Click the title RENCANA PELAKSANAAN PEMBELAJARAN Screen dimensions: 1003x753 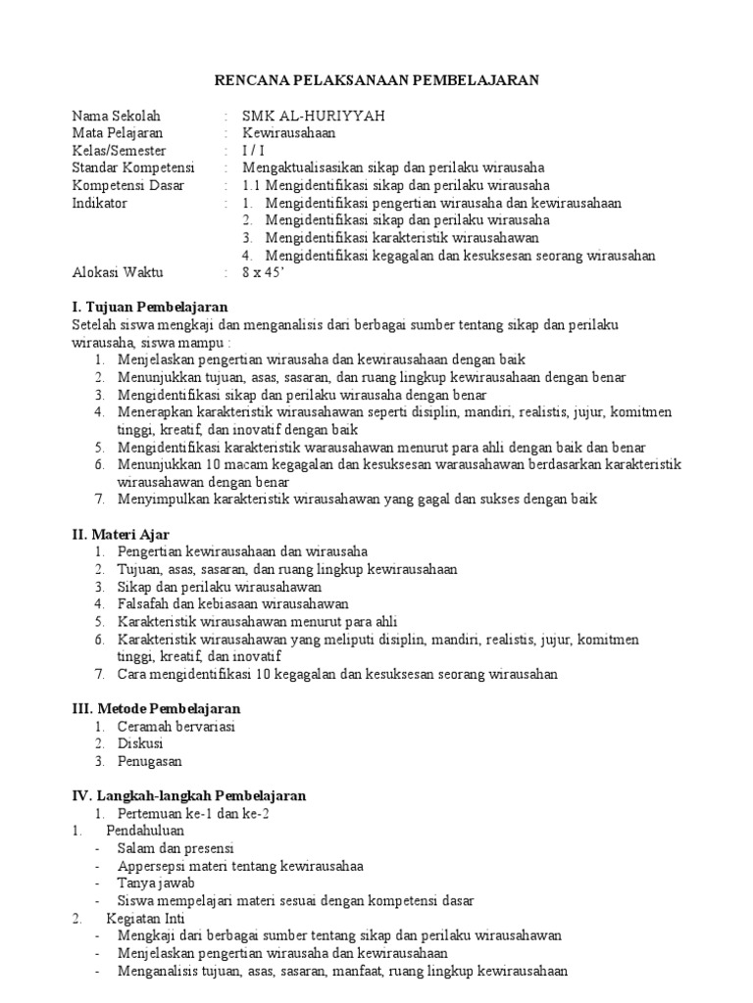coord(376,80)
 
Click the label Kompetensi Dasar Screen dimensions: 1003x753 coord(122,185)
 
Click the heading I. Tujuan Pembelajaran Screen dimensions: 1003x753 coord(150,308)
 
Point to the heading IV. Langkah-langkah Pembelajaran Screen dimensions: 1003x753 coord(189,795)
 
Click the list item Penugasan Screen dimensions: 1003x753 coord(150,761)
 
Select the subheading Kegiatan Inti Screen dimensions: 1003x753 coord(144,918)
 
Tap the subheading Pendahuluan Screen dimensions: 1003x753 coord(144,831)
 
